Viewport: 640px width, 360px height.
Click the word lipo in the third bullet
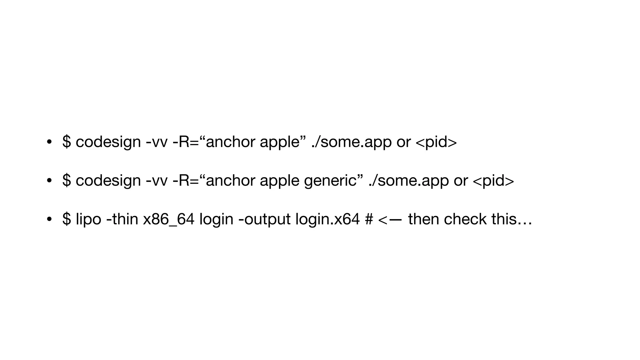point(88,219)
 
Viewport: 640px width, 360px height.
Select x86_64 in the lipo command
point(169,219)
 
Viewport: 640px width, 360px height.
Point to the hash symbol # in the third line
point(369,219)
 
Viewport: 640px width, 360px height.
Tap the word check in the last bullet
point(465,219)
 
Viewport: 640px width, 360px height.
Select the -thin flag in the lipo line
point(122,219)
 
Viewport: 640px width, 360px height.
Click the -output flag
point(264,219)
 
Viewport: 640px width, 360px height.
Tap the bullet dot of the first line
point(49,142)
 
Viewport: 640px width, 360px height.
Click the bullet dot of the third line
point(49,219)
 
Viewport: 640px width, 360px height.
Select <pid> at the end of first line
point(436,142)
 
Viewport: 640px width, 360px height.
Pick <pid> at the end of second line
point(493,181)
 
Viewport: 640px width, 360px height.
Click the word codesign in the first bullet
point(108,142)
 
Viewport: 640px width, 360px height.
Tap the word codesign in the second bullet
point(108,181)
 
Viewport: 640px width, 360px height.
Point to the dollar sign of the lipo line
point(67,219)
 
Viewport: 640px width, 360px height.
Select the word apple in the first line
point(280,142)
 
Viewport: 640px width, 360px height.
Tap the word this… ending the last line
point(512,219)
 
